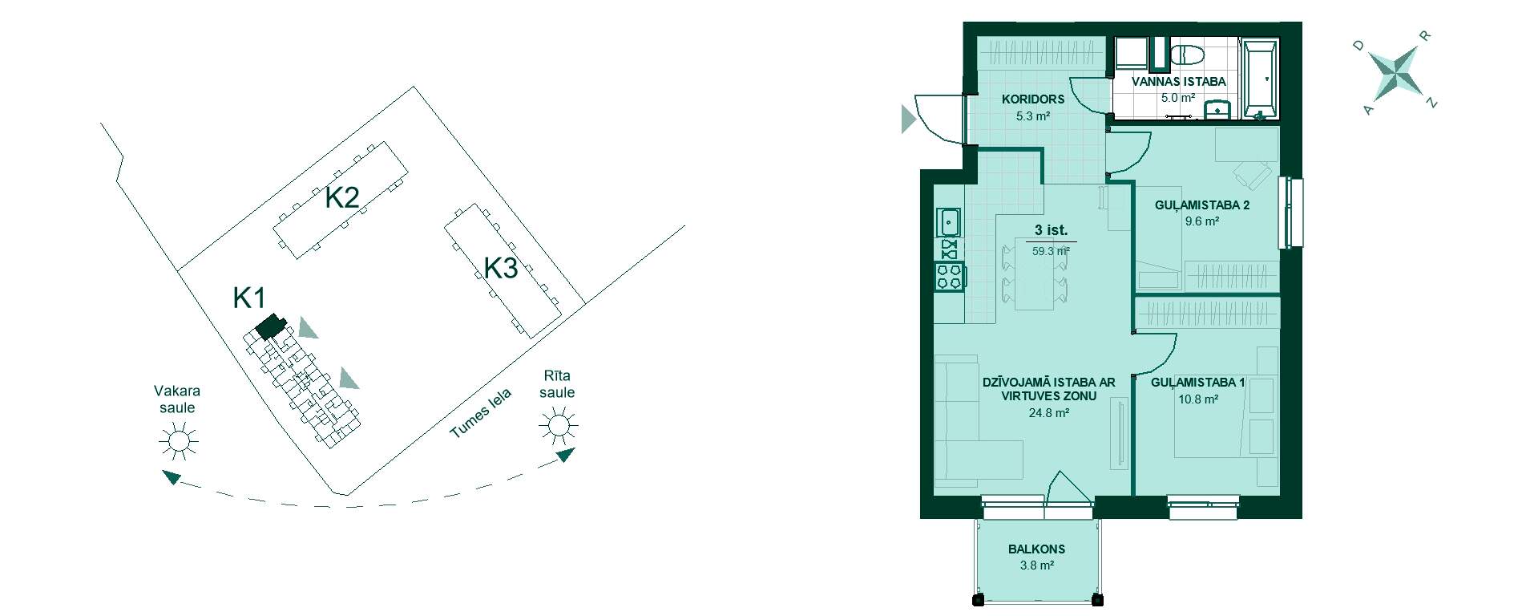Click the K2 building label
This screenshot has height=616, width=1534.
(x=341, y=197)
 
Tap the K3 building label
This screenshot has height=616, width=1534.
(x=501, y=268)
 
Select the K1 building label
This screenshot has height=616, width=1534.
(x=248, y=298)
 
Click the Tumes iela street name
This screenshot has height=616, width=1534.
(x=480, y=414)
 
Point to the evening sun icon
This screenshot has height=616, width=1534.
(x=178, y=441)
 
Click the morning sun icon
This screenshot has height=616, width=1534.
(x=558, y=425)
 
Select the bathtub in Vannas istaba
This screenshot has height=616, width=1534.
(x=1259, y=79)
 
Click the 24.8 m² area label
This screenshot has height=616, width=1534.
(x=1049, y=413)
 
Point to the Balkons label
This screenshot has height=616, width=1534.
(x=1036, y=549)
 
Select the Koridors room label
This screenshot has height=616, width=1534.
(x=1033, y=99)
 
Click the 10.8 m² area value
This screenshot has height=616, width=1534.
(x=1198, y=399)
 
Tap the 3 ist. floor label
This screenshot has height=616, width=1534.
(x=1051, y=230)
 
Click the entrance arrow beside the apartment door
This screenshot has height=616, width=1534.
(x=908, y=119)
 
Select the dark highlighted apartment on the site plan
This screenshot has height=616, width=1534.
(x=270, y=326)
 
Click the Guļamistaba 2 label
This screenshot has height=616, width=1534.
(x=1202, y=205)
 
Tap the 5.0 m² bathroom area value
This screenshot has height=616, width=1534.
(x=1178, y=98)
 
